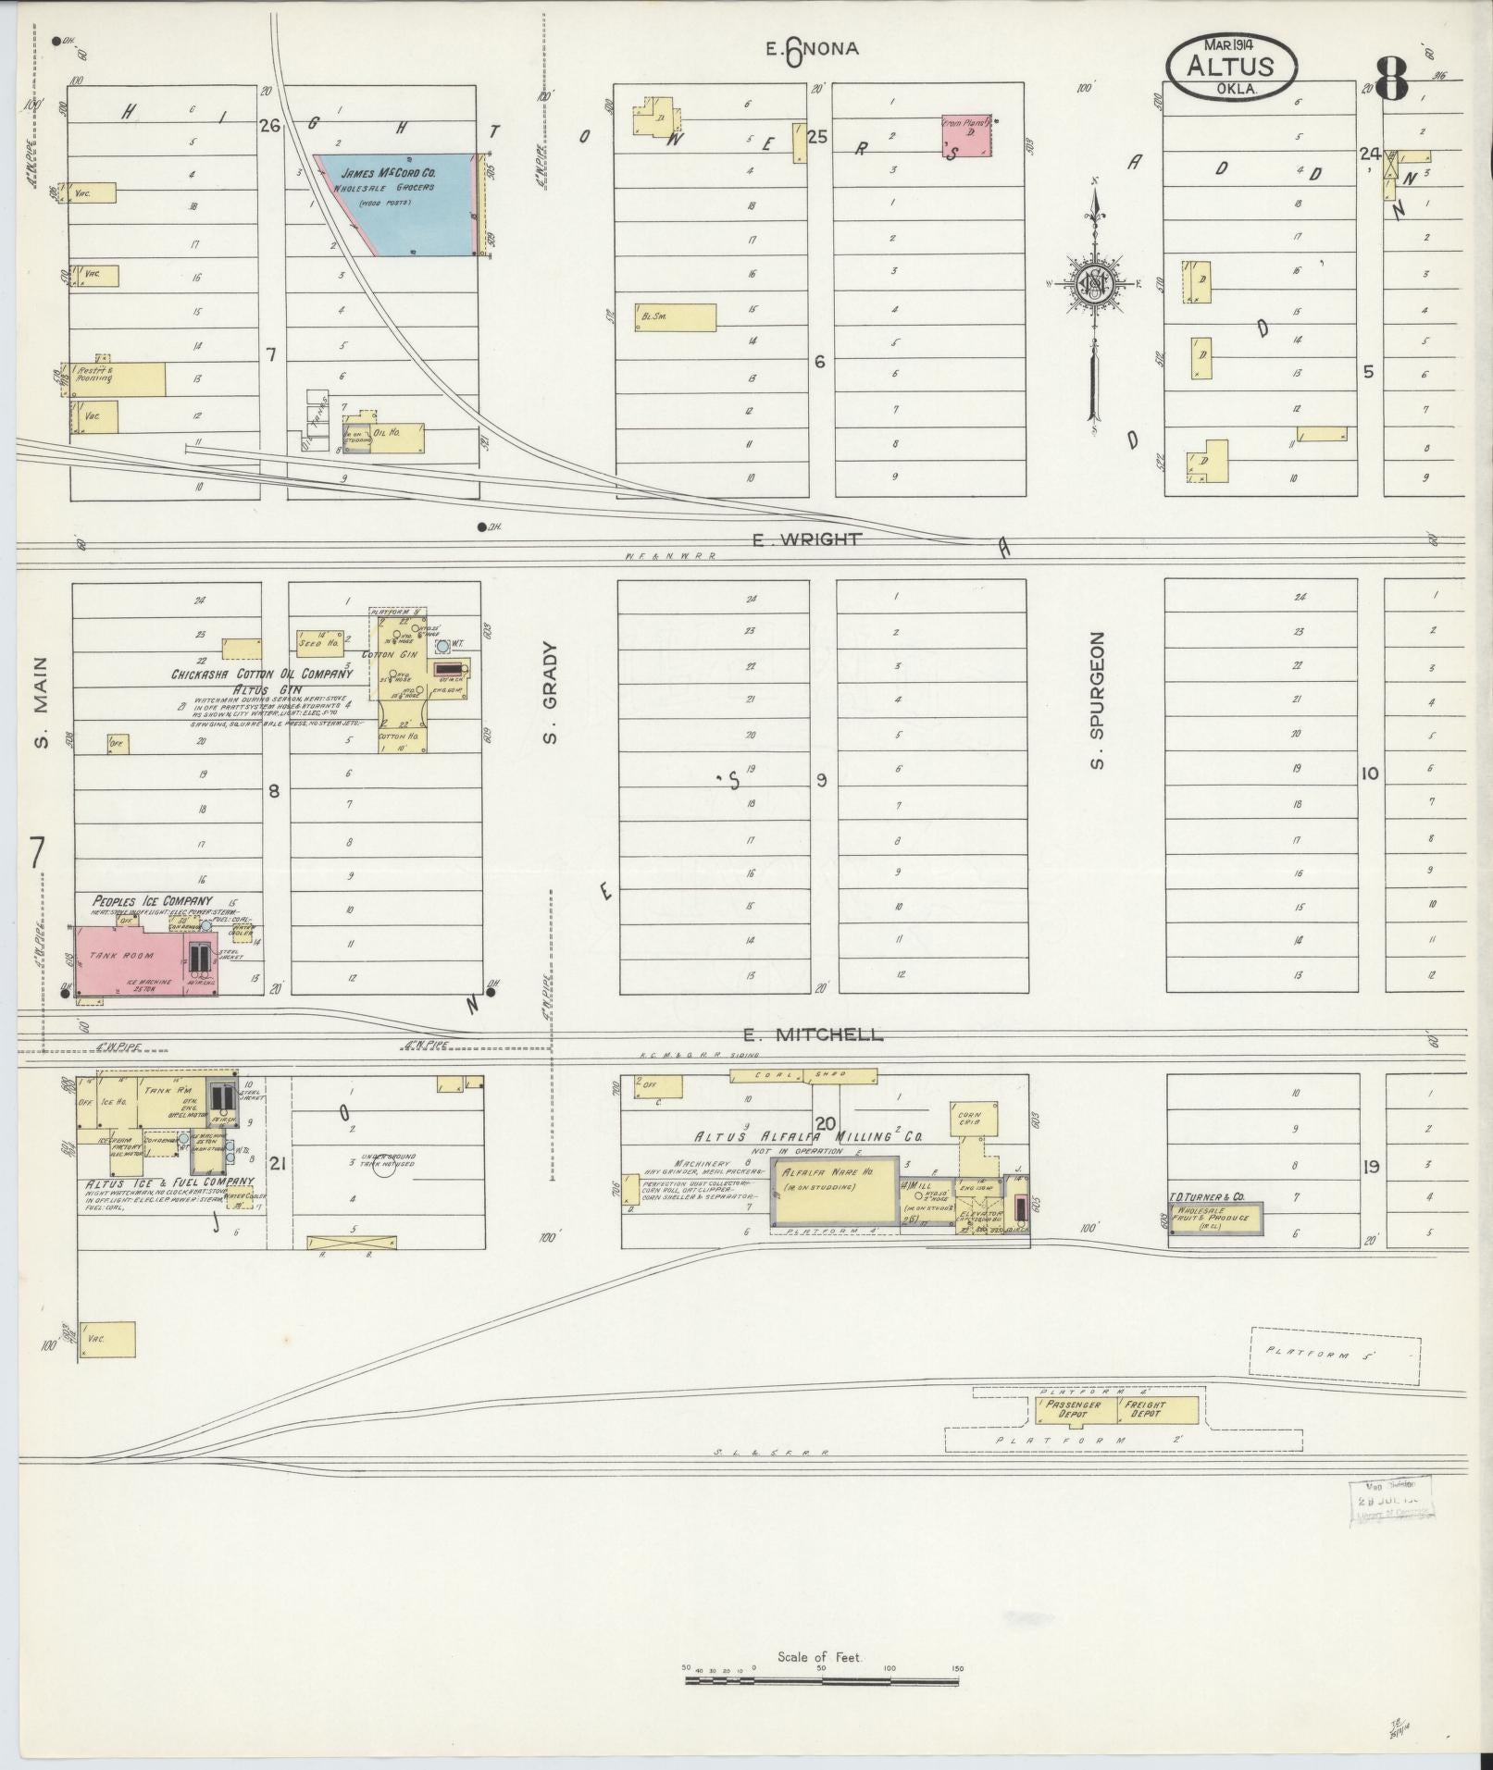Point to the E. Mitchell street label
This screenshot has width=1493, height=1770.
click(814, 1035)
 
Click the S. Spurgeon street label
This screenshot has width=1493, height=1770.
click(1098, 700)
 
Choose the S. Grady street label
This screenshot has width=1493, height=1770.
click(550, 694)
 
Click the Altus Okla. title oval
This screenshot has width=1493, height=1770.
click(1231, 67)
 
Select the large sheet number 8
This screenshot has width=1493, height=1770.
click(1391, 80)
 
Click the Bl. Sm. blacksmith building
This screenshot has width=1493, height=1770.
click(675, 317)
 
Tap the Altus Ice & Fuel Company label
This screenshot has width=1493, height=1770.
click(169, 1182)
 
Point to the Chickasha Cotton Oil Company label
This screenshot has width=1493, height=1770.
click(263, 675)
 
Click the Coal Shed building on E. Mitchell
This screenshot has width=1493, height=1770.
click(802, 1075)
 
